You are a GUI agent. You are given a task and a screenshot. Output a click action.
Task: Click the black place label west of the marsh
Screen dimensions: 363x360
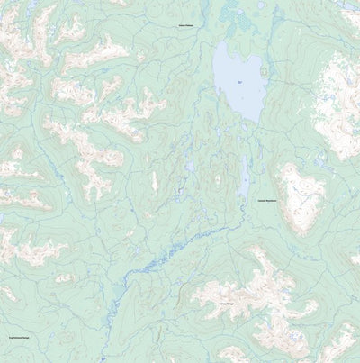tap(185, 26)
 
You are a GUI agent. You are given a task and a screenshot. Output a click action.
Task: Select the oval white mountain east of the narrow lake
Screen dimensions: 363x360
tap(300, 198)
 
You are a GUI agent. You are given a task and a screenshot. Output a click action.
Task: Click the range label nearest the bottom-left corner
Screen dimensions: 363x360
tap(20, 338)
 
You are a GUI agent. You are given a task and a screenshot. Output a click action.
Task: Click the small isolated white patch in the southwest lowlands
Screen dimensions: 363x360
tap(62, 278)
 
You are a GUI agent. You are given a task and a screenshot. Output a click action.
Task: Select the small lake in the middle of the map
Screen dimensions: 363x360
tap(190, 166)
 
